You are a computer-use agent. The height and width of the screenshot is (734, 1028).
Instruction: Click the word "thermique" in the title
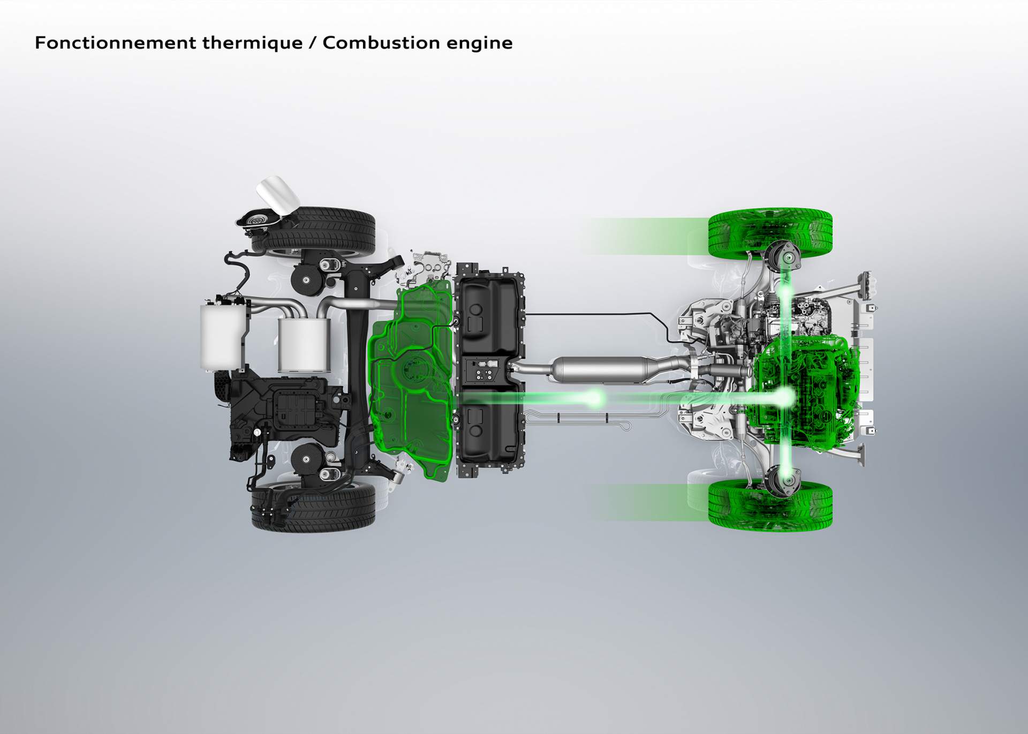coord(252,43)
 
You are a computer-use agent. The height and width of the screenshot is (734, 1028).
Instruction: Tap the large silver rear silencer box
coord(222,336)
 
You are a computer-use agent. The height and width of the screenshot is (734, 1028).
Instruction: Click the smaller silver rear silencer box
coord(303,344)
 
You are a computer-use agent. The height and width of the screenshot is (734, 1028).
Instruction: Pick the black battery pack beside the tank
coord(488,369)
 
